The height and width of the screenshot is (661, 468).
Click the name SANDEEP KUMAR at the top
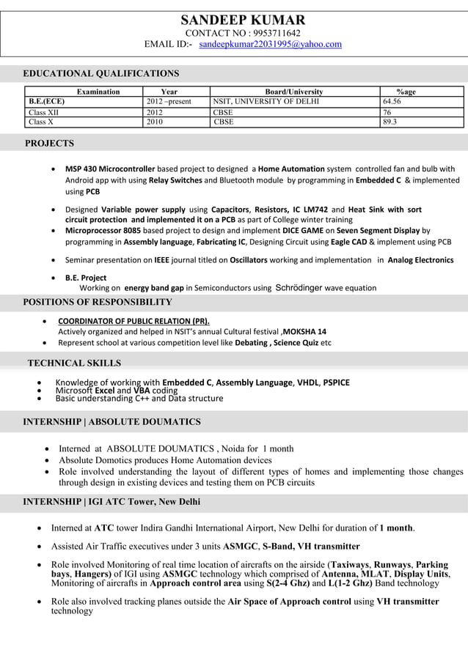pyautogui.click(x=243, y=20)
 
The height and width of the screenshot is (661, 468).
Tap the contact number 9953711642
pyautogui.click(x=276, y=33)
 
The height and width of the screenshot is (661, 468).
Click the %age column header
pyautogui.click(x=406, y=92)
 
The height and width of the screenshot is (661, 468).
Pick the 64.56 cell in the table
pyautogui.click(x=393, y=102)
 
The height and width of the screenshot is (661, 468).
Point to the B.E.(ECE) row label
pyautogui.click(x=46, y=102)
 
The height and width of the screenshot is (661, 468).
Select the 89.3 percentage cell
pyautogui.click(x=390, y=122)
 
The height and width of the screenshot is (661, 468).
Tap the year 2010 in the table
pyautogui.click(x=156, y=122)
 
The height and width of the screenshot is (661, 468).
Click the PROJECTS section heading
pyautogui.click(x=49, y=143)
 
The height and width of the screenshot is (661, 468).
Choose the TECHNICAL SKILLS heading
pyautogui.click(x=74, y=363)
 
